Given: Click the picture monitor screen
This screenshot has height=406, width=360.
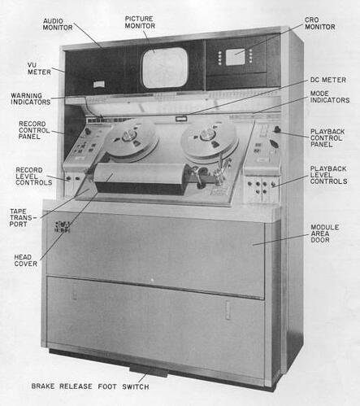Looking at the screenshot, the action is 165,68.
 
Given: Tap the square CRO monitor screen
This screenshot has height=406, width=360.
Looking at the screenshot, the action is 235,57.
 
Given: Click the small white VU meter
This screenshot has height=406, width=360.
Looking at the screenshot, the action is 99,85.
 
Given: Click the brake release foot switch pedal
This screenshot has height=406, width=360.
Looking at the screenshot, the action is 148,371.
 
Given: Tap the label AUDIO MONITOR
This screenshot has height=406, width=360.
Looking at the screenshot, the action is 58,24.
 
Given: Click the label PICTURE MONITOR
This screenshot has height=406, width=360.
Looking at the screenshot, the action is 140,22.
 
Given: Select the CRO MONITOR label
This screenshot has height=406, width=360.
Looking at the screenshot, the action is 320,24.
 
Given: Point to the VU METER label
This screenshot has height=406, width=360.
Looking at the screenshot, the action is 39,68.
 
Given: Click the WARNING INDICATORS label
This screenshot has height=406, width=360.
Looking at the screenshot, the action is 31,98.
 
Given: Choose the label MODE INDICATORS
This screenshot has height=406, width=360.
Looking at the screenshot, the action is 330,97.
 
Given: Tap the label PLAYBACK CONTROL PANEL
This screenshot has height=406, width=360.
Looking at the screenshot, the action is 327,138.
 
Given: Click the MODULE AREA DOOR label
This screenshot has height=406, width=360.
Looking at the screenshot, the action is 324,234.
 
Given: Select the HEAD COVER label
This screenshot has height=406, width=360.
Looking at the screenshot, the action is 26,260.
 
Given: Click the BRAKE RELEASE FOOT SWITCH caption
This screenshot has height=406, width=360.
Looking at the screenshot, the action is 90,386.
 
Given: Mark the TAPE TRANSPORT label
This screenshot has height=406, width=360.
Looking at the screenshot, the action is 21,218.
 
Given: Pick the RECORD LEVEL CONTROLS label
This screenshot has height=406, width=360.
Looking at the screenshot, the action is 34,177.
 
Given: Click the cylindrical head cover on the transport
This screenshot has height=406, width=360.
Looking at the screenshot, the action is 141,178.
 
